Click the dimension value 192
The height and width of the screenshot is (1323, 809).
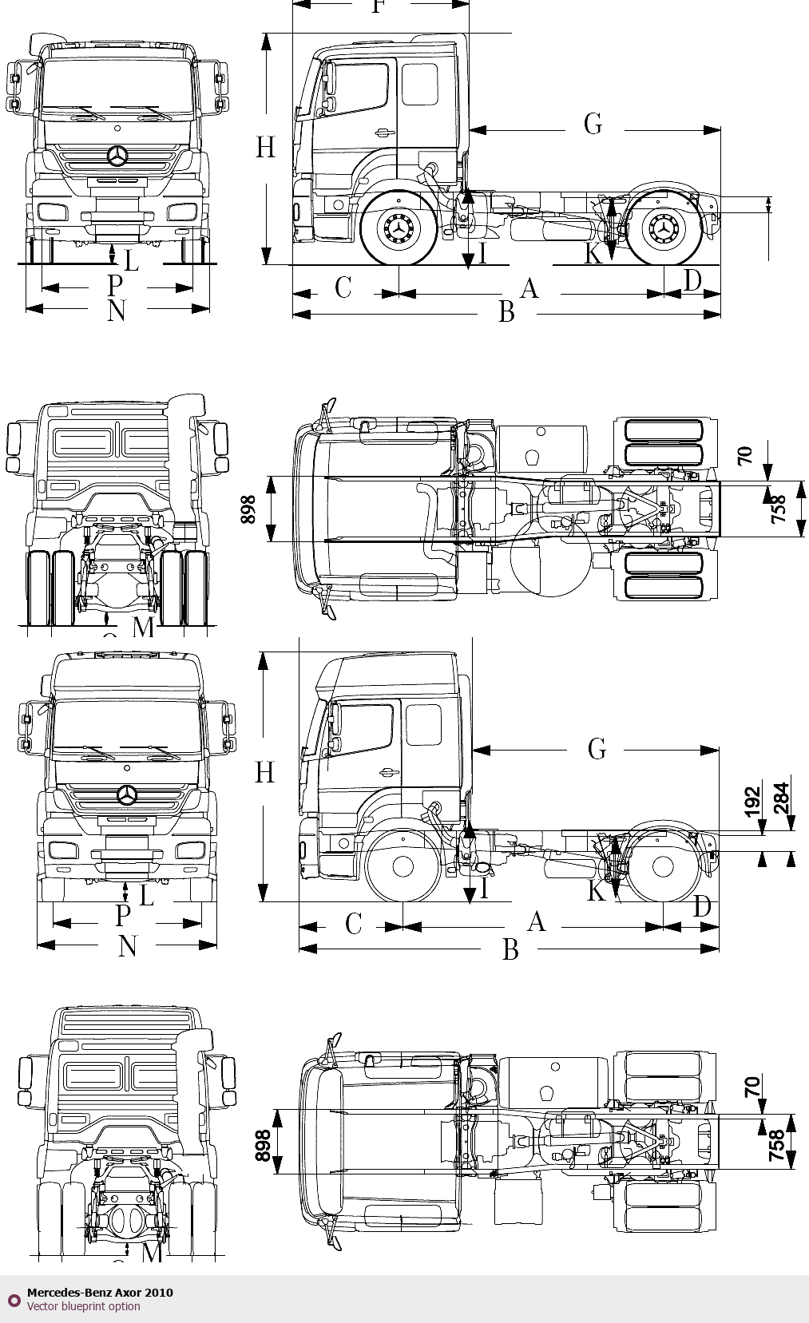(x=752, y=802)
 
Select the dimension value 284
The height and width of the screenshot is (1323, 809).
(x=781, y=798)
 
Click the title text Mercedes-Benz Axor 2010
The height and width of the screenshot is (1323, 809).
(x=100, y=1293)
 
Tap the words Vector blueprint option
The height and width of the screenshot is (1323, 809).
(x=83, y=1307)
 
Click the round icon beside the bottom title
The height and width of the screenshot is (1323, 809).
(x=14, y=1300)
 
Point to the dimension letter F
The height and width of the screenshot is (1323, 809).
(x=379, y=7)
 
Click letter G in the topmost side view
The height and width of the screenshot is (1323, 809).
(x=593, y=125)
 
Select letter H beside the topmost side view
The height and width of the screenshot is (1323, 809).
(x=266, y=148)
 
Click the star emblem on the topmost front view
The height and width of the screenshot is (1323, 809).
(x=118, y=156)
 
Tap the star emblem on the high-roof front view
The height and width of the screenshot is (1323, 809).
(x=126, y=794)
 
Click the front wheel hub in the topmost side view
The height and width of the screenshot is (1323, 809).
(x=398, y=229)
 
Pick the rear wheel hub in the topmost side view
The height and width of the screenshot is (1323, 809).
(x=664, y=229)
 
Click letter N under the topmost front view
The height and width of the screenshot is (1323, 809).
(x=117, y=311)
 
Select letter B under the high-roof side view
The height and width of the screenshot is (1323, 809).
(x=510, y=949)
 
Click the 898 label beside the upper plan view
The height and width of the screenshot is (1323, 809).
(x=248, y=509)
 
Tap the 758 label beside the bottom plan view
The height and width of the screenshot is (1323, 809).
(x=776, y=1145)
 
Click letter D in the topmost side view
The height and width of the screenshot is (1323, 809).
(x=692, y=281)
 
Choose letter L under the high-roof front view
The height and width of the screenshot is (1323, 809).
(x=146, y=896)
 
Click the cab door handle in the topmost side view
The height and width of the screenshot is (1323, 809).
(x=386, y=133)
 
